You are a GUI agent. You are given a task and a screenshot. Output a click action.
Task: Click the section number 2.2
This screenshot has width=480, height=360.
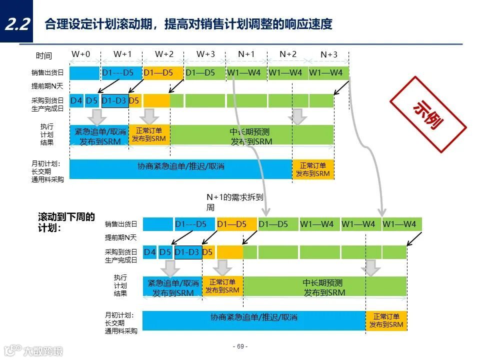(16, 24)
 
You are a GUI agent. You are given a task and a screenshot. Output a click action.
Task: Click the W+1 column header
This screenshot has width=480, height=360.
(122, 54)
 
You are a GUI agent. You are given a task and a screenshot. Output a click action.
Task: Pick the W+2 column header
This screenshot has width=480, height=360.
(164, 54)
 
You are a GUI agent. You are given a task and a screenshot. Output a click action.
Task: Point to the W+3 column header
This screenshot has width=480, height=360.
(205, 54)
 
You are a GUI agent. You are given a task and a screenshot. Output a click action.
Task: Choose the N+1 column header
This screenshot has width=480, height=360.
(246, 54)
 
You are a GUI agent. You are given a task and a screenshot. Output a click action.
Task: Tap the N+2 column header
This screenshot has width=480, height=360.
(288, 54)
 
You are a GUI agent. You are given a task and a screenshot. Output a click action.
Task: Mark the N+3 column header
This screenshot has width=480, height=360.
(329, 54)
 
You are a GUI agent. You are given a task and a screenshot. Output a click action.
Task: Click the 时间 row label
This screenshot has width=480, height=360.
(44, 56)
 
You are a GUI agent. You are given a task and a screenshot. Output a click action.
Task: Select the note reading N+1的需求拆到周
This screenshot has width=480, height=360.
(234, 202)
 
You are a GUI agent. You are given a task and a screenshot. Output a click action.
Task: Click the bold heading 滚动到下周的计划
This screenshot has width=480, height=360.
(66, 222)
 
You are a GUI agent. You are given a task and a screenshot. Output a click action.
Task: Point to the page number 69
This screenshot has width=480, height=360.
(240, 346)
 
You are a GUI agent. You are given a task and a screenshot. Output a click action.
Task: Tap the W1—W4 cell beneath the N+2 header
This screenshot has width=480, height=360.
(285, 73)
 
